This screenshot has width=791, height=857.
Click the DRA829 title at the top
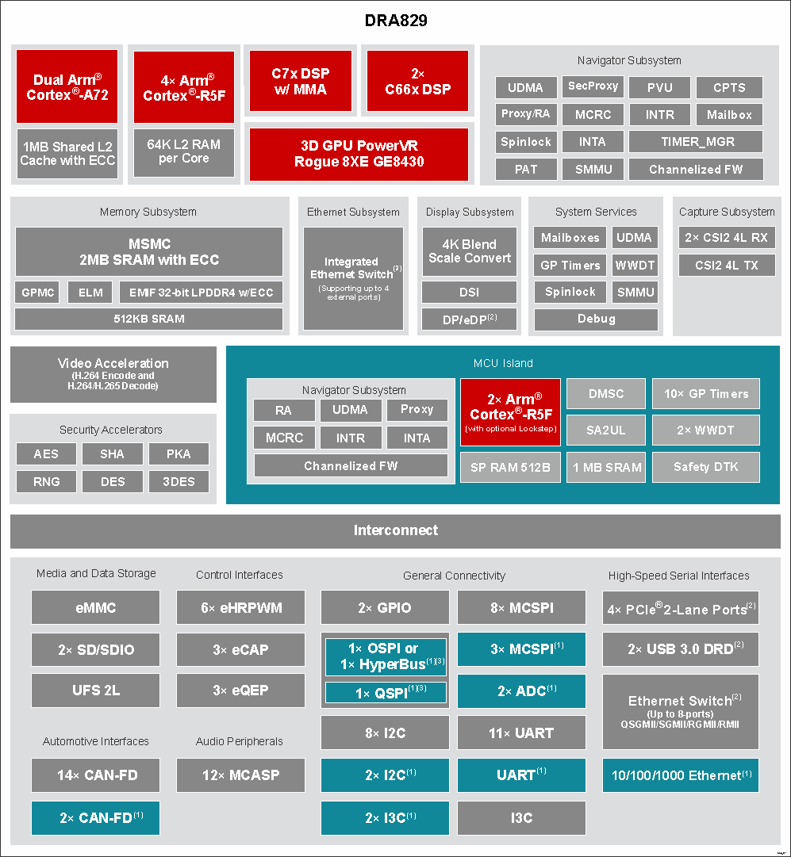click(x=396, y=21)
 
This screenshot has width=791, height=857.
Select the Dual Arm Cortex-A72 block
click(x=67, y=86)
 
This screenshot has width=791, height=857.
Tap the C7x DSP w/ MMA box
click(x=301, y=81)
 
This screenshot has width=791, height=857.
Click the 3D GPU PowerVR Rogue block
click(x=359, y=154)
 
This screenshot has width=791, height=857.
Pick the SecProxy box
click(x=593, y=86)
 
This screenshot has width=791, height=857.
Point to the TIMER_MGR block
click(x=696, y=142)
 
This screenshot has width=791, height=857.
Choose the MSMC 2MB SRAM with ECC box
click(x=149, y=251)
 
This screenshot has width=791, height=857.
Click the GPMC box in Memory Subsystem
click(x=37, y=293)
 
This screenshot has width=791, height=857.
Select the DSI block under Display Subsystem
click(x=470, y=292)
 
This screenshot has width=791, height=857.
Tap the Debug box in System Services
click(x=597, y=319)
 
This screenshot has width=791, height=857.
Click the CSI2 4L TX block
click(x=727, y=265)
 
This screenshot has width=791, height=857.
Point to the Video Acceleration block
click(x=113, y=374)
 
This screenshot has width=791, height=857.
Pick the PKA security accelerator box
click(x=179, y=453)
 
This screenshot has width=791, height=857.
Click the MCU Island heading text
click(x=503, y=363)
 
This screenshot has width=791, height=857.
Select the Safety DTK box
click(x=705, y=467)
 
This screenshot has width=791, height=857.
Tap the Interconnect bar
click(x=395, y=530)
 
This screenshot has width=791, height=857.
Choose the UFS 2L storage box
click(x=96, y=691)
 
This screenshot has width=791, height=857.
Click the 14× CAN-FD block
click(x=96, y=775)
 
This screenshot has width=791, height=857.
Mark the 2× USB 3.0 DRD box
click(x=681, y=649)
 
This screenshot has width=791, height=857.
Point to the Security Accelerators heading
click(x=111, y=430)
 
